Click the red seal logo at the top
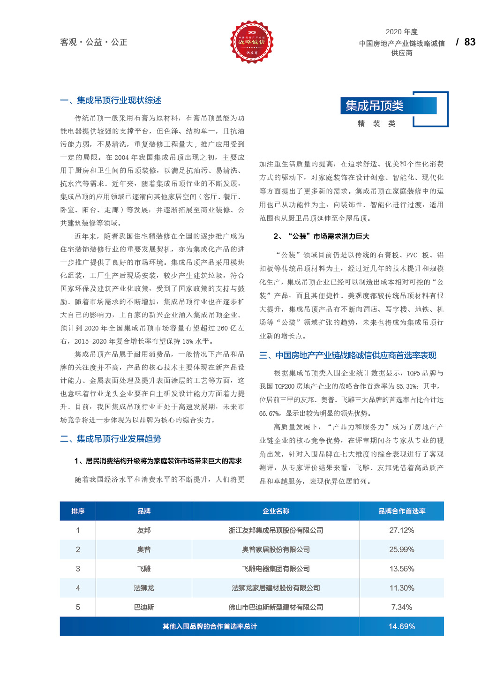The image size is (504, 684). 252,42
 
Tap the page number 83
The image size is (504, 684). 470,42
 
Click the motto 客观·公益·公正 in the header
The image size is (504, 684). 94,42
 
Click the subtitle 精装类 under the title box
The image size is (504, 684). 376,124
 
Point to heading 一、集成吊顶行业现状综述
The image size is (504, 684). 111,100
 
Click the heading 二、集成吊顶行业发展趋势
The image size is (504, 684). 111,439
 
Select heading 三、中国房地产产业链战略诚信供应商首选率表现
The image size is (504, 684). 347,355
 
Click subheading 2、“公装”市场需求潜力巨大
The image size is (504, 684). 321,236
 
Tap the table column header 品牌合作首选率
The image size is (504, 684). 402,511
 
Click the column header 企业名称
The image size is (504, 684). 276,511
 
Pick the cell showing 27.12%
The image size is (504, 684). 402,530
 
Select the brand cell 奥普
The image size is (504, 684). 144,549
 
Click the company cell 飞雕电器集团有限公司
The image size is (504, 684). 276,569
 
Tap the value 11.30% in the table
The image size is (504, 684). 402,588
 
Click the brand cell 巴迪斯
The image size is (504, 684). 144,607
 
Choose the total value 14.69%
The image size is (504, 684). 402,626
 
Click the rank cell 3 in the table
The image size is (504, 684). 78,569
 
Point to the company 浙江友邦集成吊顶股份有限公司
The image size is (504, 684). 276,530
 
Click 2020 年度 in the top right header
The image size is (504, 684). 402,32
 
